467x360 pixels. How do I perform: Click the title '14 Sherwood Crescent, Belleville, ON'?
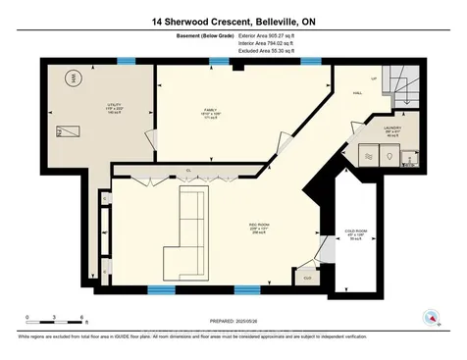tap(233, 21)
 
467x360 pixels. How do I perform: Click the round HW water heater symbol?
tap(70, 79)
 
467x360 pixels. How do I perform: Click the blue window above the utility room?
tap(125, 61)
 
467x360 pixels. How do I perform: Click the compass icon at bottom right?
tap(428, 317)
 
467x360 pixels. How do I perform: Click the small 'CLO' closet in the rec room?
tap(307, 278)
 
